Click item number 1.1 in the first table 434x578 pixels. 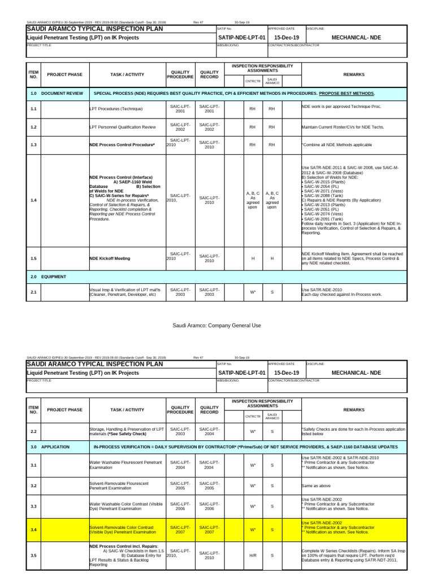(x=33, y=108)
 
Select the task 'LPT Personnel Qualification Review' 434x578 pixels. (x=123, y=127)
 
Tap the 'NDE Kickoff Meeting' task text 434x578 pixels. (x=110, y=259)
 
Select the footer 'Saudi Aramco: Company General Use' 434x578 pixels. (x=217, y=326)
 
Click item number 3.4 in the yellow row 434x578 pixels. (x=33, y=529)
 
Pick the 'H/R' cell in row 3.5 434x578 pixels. (x=253, y=555)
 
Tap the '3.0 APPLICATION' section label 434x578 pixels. (x=50, y=446)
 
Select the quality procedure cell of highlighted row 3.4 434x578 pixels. (x=178, y=529)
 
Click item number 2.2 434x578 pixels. (x=33, y=431)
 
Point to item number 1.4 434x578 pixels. (x=33, y=200)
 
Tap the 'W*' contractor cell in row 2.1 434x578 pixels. (x=253, y=292)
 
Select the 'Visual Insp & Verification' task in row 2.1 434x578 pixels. (x=125, y=292)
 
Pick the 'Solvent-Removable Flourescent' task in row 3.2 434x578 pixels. (x=120, y=485)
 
